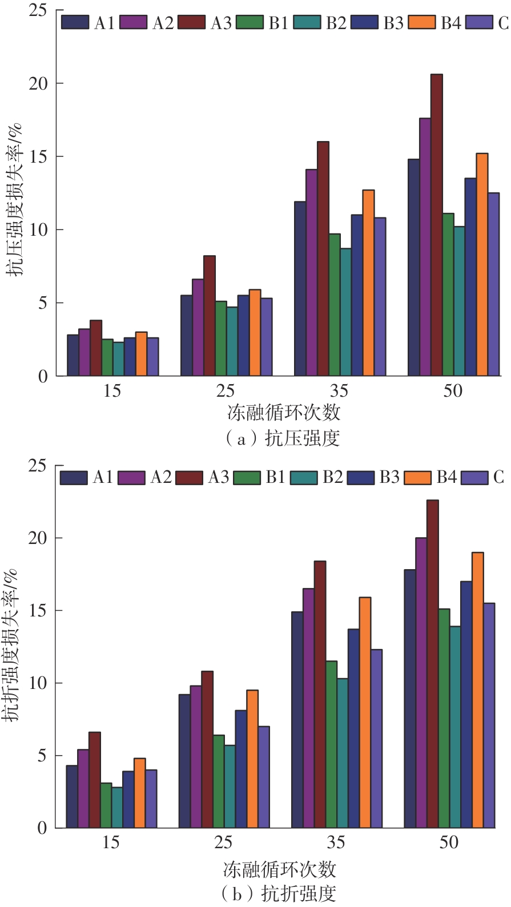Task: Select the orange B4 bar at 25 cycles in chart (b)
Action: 252,759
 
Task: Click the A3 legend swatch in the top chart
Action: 191,22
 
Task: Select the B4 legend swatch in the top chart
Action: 422,22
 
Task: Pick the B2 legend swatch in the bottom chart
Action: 304,477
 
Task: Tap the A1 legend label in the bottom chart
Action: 103,477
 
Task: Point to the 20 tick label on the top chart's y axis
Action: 38,83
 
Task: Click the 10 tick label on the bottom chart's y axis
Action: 38,683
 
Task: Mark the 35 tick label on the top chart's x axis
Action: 339,391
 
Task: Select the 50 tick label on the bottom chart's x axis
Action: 449,842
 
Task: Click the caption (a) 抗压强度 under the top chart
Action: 283,438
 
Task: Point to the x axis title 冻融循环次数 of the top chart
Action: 284,412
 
